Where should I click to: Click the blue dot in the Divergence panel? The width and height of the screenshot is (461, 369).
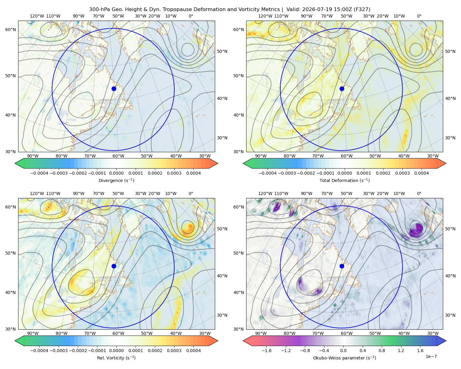pos(114,89)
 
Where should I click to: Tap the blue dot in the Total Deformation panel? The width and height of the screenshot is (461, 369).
pos(342,89)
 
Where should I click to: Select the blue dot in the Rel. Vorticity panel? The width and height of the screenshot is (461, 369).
pos(114,266)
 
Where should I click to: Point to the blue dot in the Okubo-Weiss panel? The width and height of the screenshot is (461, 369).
pos(342,266)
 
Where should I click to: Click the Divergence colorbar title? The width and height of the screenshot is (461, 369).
pos(116,180)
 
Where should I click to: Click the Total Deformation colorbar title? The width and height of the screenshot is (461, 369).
pos(345,180)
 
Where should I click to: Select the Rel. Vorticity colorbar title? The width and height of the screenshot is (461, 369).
pos(116,358)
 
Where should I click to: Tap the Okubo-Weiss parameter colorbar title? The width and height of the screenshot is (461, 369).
pos(345,358)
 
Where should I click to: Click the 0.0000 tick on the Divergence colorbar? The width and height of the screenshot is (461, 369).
pos(116,173)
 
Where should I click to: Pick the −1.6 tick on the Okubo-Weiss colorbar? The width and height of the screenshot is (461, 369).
pos(266,350)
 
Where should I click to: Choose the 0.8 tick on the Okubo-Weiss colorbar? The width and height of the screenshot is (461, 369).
pos(382,350)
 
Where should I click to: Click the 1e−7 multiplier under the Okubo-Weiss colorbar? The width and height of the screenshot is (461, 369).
pos(431,356)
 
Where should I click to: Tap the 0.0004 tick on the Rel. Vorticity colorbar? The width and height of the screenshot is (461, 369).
pos(193,350)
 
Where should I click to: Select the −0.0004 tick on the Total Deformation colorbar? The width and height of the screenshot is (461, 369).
pos(268,173)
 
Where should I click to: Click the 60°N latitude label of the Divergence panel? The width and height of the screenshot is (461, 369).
pos(10,30)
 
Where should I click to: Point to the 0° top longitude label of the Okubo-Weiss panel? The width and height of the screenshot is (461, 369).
pos(419,193)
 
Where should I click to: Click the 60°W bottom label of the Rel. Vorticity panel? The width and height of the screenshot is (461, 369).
pos(118,333)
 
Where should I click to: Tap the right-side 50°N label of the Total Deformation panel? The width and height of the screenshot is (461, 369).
pos(450,51)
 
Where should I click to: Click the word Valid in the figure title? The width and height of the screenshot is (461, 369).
pos(293,9)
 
